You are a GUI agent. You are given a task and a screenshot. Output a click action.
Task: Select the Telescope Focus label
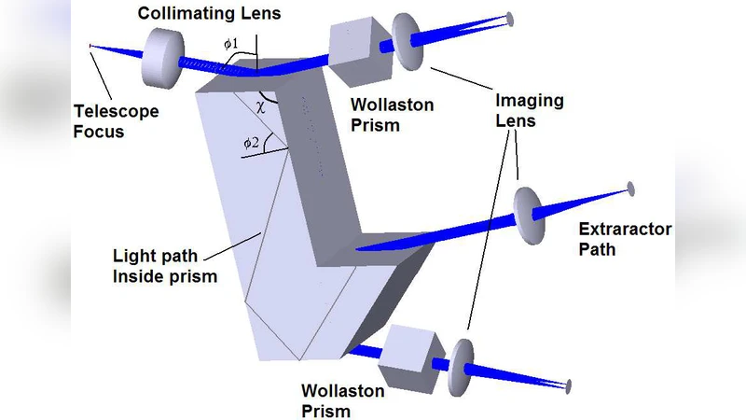116,120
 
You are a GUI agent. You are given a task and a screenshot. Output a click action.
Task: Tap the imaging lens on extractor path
529,214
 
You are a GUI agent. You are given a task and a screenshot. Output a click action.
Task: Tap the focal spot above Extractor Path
631,188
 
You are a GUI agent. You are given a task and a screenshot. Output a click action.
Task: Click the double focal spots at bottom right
566,385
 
